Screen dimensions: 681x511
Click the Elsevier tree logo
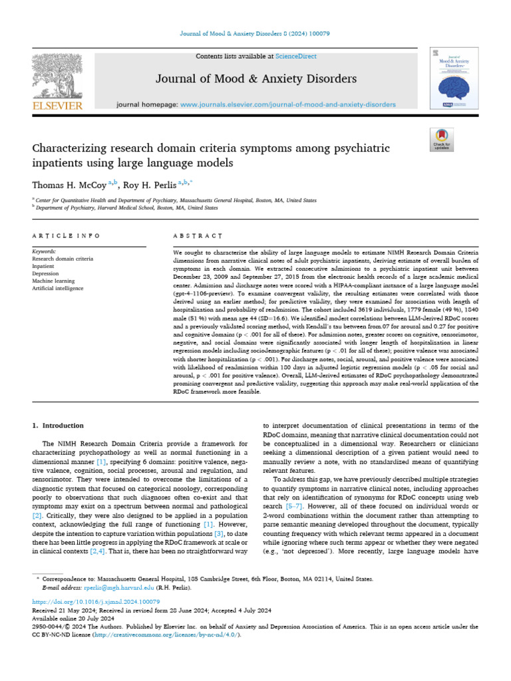(57, 76)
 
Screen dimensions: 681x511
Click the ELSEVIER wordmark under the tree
(57, 106)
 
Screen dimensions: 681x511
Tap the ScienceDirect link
(297, 57)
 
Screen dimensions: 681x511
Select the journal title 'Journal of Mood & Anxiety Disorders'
(255, 79)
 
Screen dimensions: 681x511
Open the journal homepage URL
(288, 104)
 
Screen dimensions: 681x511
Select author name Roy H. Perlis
(151, 184)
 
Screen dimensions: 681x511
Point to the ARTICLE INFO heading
(66, 236)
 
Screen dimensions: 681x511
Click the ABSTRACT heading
(198, 236)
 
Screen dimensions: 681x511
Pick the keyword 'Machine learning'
(54, 281)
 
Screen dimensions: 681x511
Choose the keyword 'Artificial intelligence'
(58, 288)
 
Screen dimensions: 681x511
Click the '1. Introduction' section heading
(59, 425)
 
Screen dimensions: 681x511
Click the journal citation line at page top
(255, 34)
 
